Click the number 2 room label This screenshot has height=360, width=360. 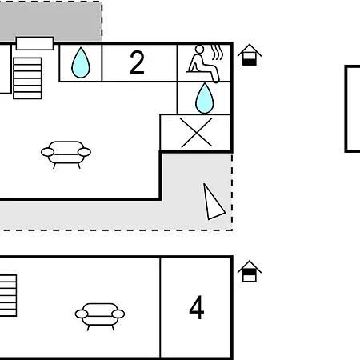point(137,62)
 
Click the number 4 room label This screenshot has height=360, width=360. point(197,307)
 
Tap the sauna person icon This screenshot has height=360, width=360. point(203,63)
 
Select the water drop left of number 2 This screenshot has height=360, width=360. point(81,62)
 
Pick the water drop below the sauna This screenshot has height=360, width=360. point(205,98)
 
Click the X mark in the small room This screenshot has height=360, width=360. point(197,133)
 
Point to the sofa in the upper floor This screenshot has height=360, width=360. point(66,154)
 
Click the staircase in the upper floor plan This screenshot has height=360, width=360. point(27,78)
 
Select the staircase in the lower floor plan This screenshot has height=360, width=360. point(8,295)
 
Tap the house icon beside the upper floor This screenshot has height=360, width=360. point(250,54)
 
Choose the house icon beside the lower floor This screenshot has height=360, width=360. point(250,271)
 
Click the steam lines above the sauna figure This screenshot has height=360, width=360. point(217,51)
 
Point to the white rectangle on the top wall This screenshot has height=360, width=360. point(34,43)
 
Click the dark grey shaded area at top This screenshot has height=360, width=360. point(50,21)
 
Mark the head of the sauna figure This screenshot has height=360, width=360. point(199,50)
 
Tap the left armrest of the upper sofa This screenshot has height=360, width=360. point(47,152)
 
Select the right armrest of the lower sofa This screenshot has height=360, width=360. point(118,314)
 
